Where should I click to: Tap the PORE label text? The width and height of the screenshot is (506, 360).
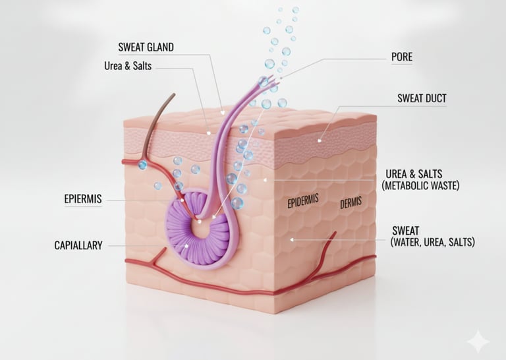(401, 57)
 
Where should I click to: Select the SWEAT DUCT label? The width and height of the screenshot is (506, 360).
(422, 99)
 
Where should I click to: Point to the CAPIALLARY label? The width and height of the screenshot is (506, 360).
(78, 245)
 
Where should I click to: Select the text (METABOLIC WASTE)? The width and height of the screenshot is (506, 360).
(420, 187)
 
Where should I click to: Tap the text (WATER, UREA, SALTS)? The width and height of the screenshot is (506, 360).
(432, 243)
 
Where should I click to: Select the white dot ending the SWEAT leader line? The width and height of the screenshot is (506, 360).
(293, 241)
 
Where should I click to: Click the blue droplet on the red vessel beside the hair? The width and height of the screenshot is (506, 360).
(142, 164)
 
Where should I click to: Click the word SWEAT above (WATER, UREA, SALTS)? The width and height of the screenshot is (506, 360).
(406, 231)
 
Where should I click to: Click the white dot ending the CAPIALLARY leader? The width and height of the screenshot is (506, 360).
(187, 246)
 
